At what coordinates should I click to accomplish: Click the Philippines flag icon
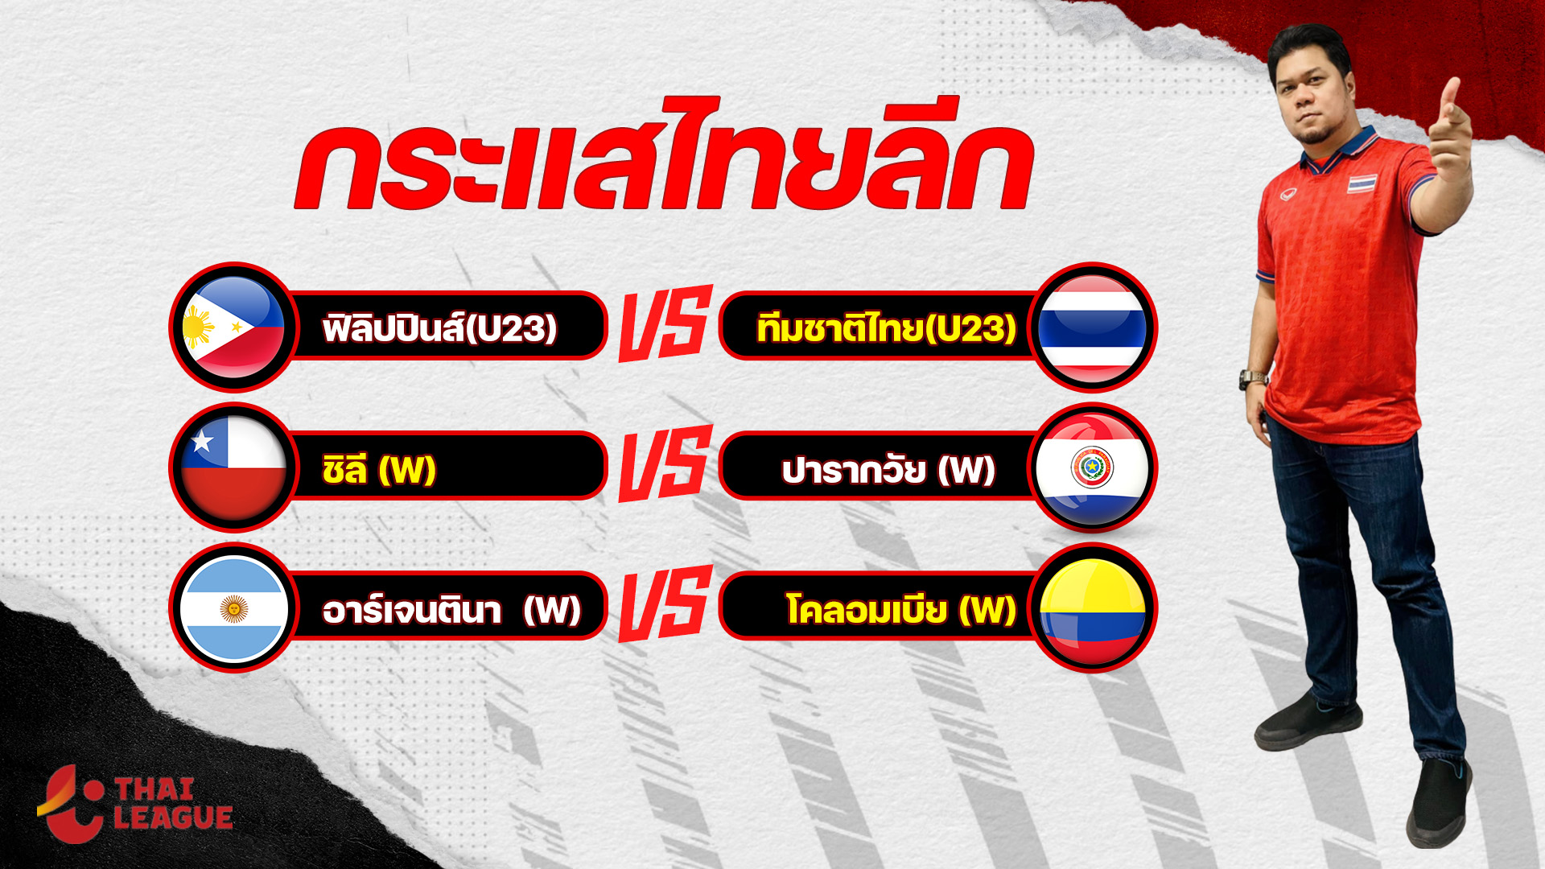tap(233, 327)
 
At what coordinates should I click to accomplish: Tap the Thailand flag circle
tap(1092, 327)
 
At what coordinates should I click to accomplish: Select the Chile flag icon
tap(233, 467)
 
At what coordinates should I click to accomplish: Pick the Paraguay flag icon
tap(1092, 467)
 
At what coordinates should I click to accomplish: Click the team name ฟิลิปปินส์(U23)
tap(439, 327)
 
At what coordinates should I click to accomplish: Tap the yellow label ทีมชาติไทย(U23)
tap(886, 327)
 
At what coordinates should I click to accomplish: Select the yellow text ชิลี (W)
tap(378, 468)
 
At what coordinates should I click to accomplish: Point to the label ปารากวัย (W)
tap(888, 468)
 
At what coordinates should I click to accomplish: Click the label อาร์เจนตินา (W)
tap(451, 609)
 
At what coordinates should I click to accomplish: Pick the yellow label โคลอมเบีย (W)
tap(901, 609)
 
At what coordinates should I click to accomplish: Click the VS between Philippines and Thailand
tap(665, 323)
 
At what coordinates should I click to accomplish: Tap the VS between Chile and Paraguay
tap(665, 463)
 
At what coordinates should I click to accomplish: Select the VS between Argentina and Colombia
tap(665, 603)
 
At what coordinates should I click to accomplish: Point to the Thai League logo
tap(135, 803)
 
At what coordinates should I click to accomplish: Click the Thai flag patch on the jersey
tap(1362, 184)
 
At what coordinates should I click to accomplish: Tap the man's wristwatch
tap(1252, 379)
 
